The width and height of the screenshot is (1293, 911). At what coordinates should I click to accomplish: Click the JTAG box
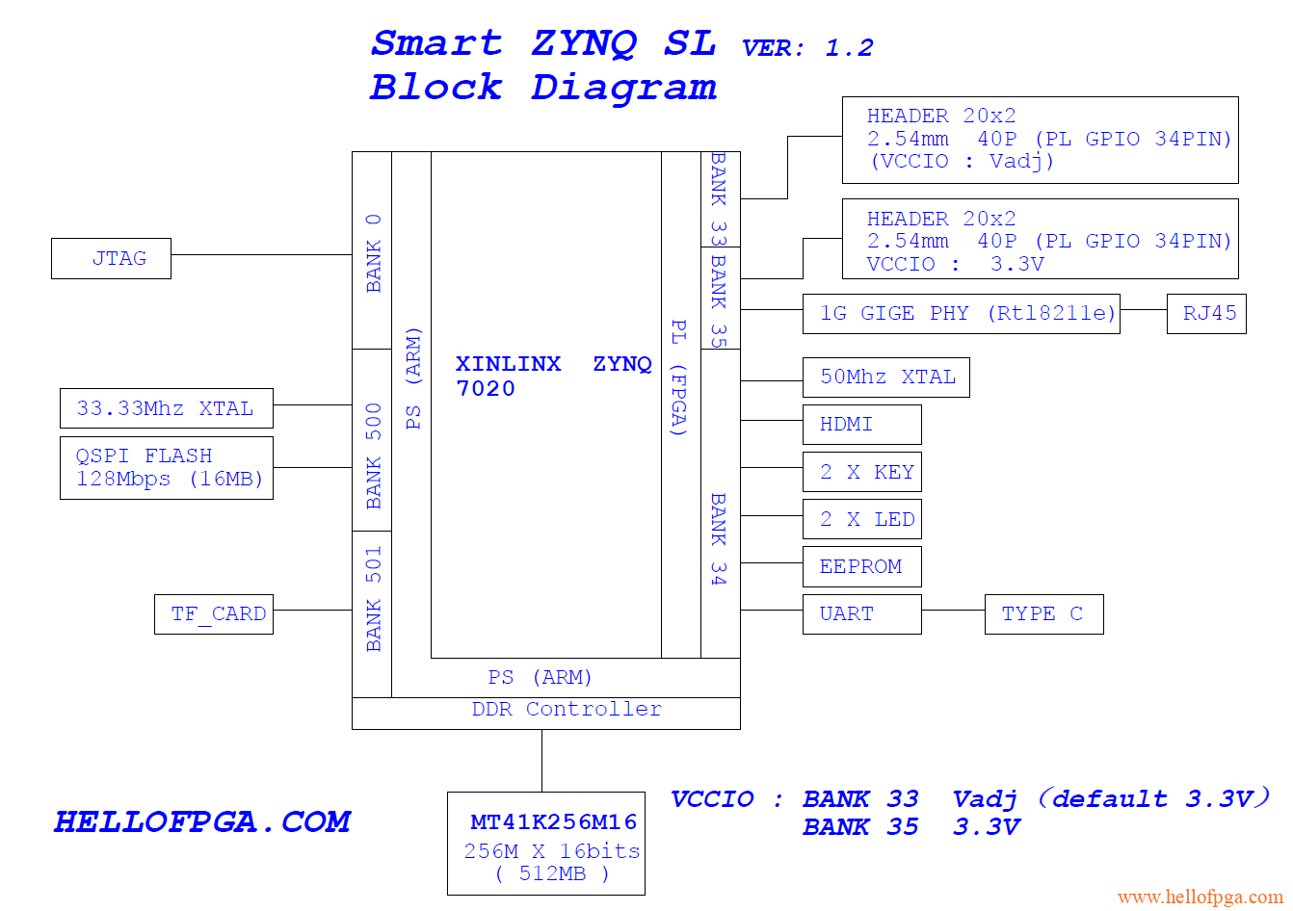pyautogui.click(x=111, y=259)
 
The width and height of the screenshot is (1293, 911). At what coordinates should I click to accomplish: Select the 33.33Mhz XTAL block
pyautogui.click(x=166, y=408)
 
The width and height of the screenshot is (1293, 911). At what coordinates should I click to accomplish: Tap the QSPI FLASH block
pyautogui.click(x=166, y=468)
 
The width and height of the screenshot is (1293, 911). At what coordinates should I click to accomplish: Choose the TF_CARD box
pyautogui.click(x=214, y=614)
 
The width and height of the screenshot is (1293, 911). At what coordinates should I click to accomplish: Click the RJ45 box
pyautogui.click(x=1206, y=314)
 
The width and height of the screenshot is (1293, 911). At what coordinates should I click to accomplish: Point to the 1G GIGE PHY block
pyautogui.click(x=961, y=314)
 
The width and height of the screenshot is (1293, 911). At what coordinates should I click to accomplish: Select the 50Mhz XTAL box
pyautogui.click(x=885, y=377)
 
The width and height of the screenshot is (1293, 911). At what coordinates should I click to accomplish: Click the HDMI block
pyautogui.click(x=861, y=425)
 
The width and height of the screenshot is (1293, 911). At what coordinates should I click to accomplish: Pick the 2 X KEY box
pyautogui.click(x=861, y=472)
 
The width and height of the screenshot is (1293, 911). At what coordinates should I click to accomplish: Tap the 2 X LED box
pyautogui.click(x=861, y=519)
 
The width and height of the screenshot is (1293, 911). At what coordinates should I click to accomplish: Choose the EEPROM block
pyautogui.click(x=861, y=566)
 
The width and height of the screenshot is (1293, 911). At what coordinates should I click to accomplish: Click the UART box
pyautogui.click(x=861, y=614)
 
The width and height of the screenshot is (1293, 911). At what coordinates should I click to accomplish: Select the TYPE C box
pyautogui.click(x=1043, y=614)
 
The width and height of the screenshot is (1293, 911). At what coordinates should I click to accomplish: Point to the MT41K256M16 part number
pyautogui.click(x=553, y=822)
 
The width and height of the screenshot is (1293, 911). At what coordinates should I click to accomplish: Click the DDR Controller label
pyautogui.click(x=567, y=710)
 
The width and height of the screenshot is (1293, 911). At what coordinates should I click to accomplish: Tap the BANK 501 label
pyautogui.click(x=373, y=599)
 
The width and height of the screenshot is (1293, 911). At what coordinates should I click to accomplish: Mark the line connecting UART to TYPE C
pyautogui.click(x=953, y=610)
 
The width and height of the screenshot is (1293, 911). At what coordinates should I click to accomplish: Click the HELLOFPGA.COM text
pyautogui.click(x=202, y=821)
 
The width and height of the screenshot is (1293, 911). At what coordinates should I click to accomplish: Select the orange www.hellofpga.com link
pyautogui.click(x=1200, y=898)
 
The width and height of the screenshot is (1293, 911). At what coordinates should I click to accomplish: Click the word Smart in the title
pyautogui.click(x=436, y=43)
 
